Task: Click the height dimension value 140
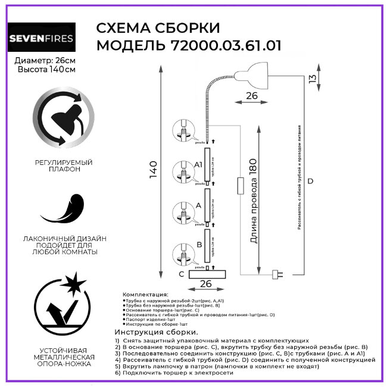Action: (x=153, y=170)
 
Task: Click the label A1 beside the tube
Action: (x=199, y=164)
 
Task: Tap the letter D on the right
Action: (x=310, y=181)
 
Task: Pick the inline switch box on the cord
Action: (x=240, y=185)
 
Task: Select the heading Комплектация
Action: (x=145, y=295)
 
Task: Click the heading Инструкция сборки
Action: (x=156, y=331)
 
